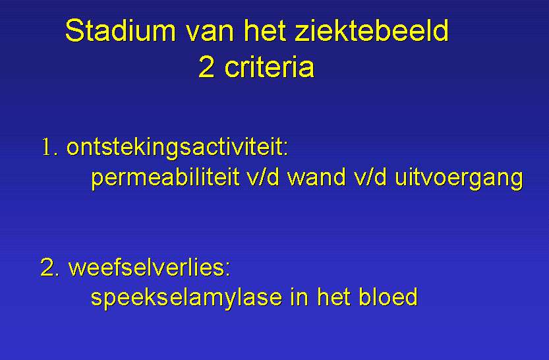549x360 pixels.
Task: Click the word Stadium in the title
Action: click(x=121, y=30)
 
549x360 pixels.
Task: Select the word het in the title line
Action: click(x=266, y=31)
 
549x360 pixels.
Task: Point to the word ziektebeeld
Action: click(x=372, y=30)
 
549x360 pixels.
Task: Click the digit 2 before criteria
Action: click(x=206, y=67)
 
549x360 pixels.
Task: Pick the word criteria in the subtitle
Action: click(x=270, y=67)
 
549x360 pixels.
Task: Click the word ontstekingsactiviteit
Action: click(x=175, y=147)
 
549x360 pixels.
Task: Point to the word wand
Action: click(x=317, y=177)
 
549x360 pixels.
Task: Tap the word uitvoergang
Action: click(x=459, y=178)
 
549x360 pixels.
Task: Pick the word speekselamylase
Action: click(x=187, y=298)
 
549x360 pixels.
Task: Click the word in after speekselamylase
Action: click(x=299, y=297)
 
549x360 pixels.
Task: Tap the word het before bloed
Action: click(x=333, y=297)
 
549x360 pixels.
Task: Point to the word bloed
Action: click(x=388, y=297)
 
